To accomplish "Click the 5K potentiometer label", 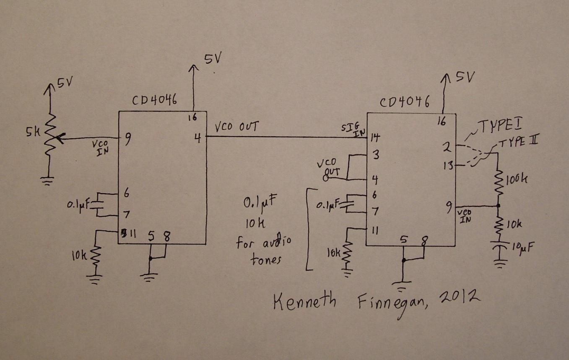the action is (x=33, y=132).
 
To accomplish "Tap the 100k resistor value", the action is (x=517, y=180).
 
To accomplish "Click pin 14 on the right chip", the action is (x=375, y=137).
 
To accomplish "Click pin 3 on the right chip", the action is (x=375, y=154).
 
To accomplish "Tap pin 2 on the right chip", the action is (x=447, y=147).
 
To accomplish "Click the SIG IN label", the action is (x=353, y=129).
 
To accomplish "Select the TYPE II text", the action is (x=518, y=141).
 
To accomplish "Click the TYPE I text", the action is (x=500, y=126).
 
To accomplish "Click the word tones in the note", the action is (x=266, y=259).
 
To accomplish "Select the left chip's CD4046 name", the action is (x=154, y=100).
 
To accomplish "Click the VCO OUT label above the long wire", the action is (x=236, y=126).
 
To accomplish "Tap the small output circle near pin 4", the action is (x=326, y=178).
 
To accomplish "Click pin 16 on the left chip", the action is (x=192, y=117).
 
